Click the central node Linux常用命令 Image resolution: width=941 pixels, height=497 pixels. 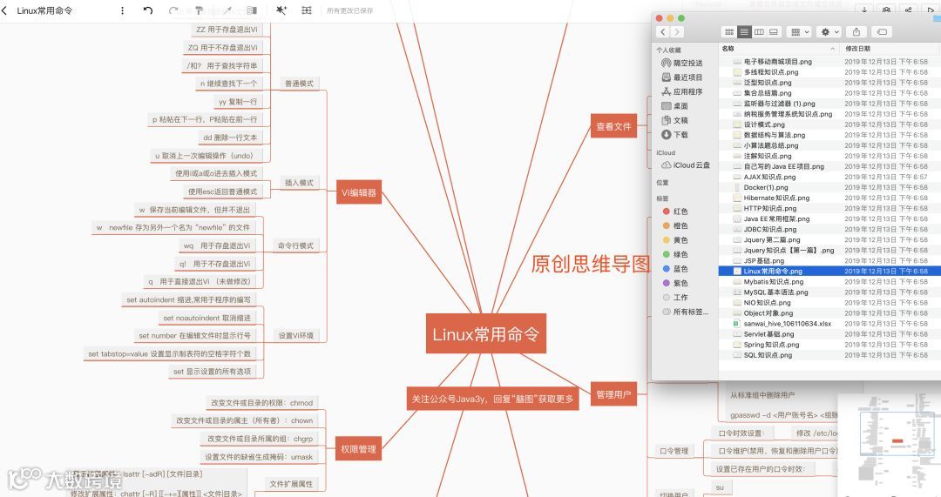pos(485,334)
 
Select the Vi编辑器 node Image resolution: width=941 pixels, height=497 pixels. pos(359,192)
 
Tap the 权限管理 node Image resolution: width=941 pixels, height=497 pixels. pos(358,449)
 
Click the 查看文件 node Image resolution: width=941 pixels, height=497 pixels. pos(613,127)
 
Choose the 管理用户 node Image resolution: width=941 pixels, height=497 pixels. pos(613,394)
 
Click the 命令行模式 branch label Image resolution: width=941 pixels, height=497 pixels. pos(294,245)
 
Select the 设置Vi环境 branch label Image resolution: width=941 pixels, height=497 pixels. pos(295,335)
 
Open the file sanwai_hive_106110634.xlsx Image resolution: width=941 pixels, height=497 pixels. pos(787,324)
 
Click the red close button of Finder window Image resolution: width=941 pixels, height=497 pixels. pos(659,18)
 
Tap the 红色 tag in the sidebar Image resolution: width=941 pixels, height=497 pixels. pos(680,212)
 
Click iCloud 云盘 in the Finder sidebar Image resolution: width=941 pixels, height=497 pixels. pos(691,165)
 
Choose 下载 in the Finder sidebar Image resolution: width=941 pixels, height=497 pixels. pos(680,135)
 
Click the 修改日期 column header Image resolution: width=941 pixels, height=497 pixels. pos(858,49)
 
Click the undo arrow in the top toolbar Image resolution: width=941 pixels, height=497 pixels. pos(148,10)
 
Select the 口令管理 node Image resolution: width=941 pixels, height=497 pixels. pos(674,451)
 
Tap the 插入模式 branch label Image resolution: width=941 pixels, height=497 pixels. pos(299,183)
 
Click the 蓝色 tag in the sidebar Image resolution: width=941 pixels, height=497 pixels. pos(680,269)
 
